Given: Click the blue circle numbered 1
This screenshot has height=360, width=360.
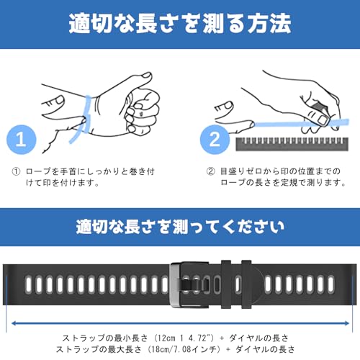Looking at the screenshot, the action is tap(22, 140).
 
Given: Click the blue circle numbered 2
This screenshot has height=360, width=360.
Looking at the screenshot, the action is tap(215, 140).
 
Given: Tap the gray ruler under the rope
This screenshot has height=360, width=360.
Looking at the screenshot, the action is tap(292, 144).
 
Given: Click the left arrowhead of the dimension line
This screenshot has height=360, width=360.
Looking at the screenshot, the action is tap(14, 323).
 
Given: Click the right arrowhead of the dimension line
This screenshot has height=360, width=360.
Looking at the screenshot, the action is tap(347, 323).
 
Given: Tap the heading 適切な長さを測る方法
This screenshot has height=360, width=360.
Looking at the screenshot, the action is tap(180, 23).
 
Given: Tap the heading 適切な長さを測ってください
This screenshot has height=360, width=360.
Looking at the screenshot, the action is tap(180, 227).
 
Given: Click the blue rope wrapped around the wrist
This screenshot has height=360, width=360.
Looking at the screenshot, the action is tap(83, 119).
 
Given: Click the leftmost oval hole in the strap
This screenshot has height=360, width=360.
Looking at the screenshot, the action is tap(29, 284).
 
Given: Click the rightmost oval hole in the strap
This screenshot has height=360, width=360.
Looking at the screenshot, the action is tap(331, 284).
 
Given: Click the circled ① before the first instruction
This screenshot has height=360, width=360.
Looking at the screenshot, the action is tap(16, 171).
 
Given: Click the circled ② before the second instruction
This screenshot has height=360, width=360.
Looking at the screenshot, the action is tap(210, 171).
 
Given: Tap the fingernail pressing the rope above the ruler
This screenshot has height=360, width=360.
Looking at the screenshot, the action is tap(323, 120).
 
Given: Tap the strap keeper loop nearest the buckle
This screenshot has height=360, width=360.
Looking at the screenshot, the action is tap(226, 284).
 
